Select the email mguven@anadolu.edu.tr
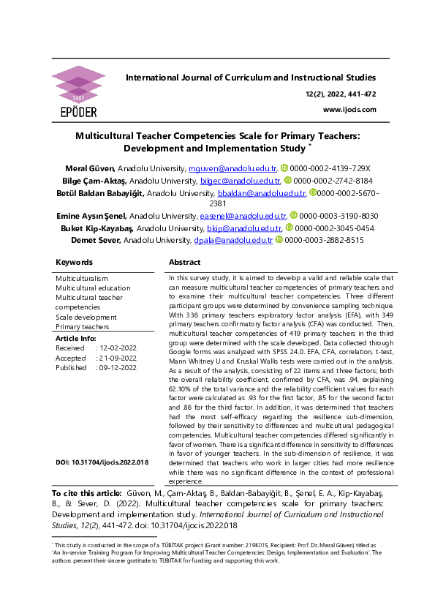click(x=233, y=168)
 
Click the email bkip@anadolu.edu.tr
click(x=254, y=228)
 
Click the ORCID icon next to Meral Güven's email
click(x=284, y=168)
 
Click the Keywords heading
click(x=74, y=262)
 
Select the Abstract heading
click(x=184, y=262)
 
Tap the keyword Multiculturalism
click(x=82, y=279)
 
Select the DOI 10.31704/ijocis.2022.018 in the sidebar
click(x=102, y=462)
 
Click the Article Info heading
click(x=75, y=339)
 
